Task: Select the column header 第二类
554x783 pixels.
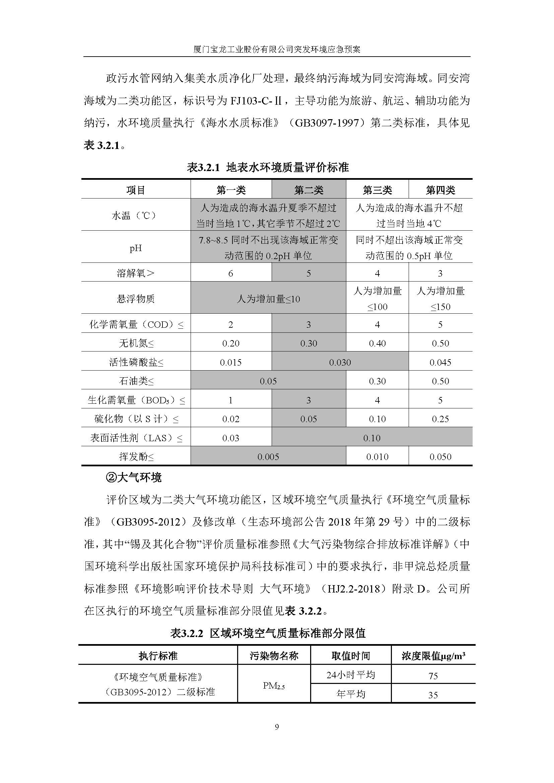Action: (309, 190)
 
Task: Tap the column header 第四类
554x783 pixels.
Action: (440, 190)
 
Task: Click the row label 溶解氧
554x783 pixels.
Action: (135, 273)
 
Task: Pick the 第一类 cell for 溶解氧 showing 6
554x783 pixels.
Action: (230, 273)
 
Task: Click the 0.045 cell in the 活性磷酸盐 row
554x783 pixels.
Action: (440, 362)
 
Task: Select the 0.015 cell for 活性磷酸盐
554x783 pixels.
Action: (230, 362)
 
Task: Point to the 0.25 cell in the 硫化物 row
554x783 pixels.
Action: (440, 419)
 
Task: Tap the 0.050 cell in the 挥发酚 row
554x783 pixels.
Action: (440, 457)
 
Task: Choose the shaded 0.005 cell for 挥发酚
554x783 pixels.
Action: (268, 457)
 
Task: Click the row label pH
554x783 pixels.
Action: (135, 248)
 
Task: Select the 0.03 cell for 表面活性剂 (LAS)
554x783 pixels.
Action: (230, 438)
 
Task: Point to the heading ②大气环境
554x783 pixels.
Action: (134, 478)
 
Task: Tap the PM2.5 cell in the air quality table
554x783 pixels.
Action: (274, 685)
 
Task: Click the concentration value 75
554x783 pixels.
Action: (433, 676)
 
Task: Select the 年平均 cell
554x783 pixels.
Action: (351, 694)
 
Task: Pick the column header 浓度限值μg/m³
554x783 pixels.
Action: (433, 656)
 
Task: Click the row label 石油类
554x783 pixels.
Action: (136, 381)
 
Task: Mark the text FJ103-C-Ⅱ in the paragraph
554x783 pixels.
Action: (256, 101)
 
